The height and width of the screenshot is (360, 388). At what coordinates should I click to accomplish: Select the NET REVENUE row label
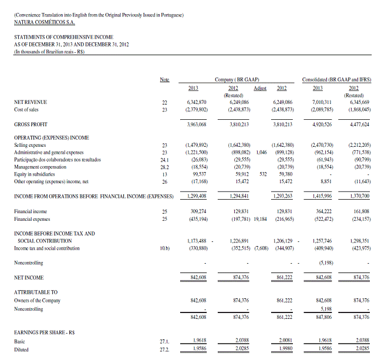31,102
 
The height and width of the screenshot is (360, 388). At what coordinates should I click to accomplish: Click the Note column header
165,79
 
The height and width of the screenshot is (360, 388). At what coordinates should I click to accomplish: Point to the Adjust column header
259,88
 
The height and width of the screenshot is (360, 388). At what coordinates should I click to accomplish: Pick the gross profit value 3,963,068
195,125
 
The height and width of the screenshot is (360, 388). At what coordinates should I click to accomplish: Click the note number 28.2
165,166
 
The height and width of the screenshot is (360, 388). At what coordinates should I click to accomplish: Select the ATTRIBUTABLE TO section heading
36,292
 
